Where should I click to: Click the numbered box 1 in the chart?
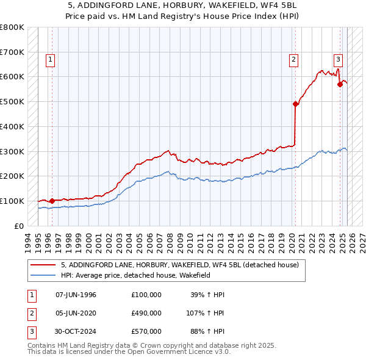click(49, 59)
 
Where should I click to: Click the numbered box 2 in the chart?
click(293, 59)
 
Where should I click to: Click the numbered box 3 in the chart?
click(338, 59)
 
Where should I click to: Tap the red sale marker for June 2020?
click(295, 104)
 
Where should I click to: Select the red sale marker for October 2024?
click(340, 84)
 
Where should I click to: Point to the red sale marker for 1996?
click(52, 200)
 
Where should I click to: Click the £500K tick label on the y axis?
click(12, 101)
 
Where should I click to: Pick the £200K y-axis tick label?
click(12, 176)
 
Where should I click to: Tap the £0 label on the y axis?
click(18, 226)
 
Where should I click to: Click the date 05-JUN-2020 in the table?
click(76, 312)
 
